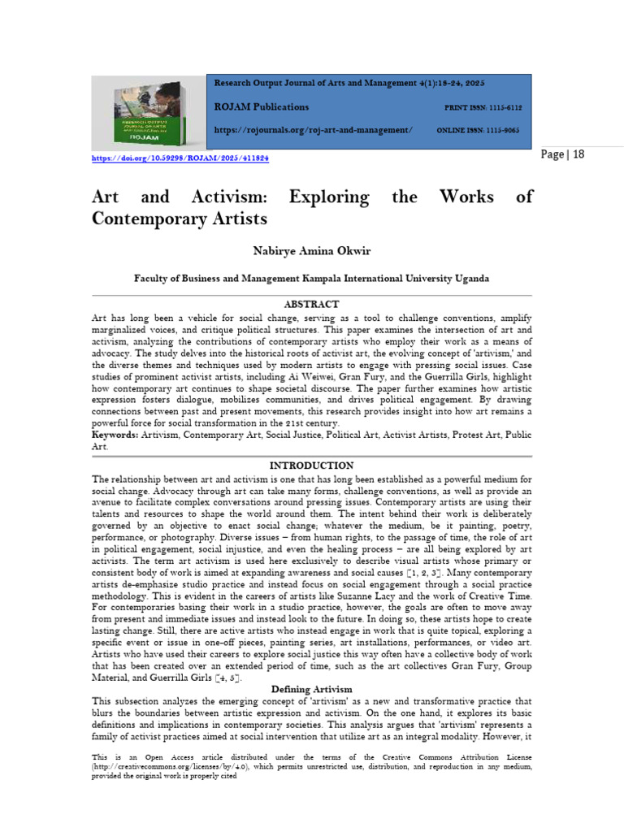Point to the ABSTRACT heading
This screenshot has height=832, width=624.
[311, 304]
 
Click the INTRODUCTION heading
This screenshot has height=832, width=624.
[311, 466]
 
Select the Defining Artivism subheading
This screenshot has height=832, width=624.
[311, 689]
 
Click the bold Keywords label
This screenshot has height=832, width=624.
[115, 435]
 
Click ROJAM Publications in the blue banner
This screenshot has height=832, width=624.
[262, 107]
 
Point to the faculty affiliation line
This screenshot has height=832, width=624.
[311, 278]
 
